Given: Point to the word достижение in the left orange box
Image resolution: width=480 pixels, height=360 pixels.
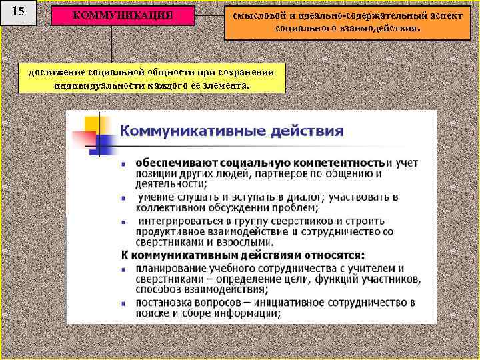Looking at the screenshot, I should click(51, 72).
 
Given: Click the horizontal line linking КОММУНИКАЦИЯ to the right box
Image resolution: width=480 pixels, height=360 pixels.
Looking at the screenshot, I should click(210, 15).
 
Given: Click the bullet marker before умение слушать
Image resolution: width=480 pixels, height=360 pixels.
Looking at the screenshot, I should click(125, 198).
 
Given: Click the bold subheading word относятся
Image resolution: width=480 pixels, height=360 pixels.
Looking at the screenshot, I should click(327, 254).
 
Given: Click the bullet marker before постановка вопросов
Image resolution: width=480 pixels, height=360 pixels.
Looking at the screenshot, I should click(125, 303).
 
